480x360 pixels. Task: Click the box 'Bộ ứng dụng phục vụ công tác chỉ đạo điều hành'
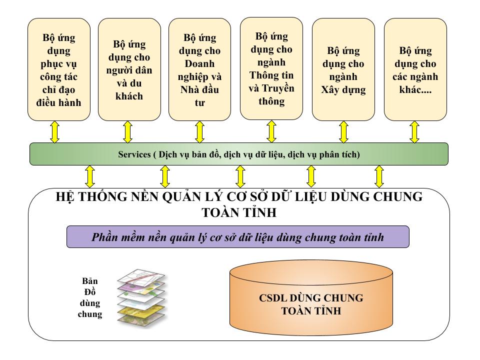coord(58,69)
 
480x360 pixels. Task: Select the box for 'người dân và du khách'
coord(129,69)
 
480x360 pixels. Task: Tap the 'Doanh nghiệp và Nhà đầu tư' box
coord(199,69)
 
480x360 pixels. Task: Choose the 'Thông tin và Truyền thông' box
coord(271,68)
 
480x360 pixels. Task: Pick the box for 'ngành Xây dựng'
coord(343,69)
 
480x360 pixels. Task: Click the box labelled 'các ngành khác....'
coord(415,69)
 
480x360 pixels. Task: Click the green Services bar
coord(239,154)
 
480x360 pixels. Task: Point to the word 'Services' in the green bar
coord(133,154)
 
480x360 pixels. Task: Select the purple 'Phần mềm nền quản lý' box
coord(238,237)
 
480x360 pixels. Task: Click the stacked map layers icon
coord(142,298)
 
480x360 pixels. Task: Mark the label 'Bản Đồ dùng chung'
coord(90,297)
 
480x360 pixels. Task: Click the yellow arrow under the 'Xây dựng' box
coord(343,132)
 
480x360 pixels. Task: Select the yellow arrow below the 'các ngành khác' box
coord(414,132)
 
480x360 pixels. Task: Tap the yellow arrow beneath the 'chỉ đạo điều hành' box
coord(55,132)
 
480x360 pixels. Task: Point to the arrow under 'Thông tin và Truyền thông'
coord(271,131)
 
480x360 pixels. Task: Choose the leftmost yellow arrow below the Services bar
coord(90,176)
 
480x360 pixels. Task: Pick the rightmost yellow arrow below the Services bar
coord(379,176)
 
